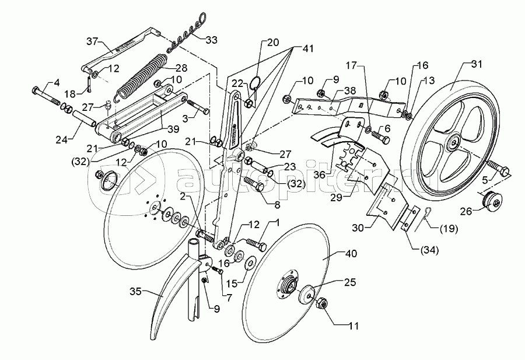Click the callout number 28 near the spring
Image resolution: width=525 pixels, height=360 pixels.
coord(181,68)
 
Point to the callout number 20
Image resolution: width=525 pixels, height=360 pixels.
coord(274,42)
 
